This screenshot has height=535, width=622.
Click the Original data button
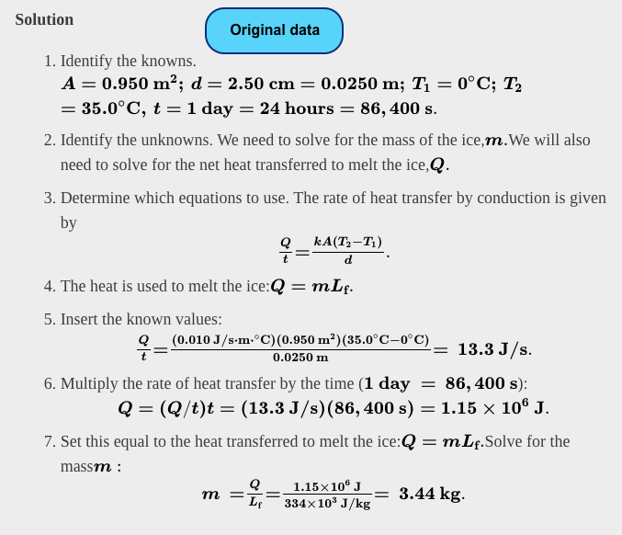[274, 30]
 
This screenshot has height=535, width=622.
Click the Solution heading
[44, 19]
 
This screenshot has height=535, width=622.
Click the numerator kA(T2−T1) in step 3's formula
[347, 242]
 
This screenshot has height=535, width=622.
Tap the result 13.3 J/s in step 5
[493, 349]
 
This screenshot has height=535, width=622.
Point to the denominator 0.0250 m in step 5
[300, 358]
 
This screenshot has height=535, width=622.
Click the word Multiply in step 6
[91, 382]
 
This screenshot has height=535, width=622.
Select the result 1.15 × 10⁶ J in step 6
[493, 407]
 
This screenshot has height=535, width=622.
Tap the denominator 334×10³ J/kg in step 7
[327, 504]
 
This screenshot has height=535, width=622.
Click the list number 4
[50, 286]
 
